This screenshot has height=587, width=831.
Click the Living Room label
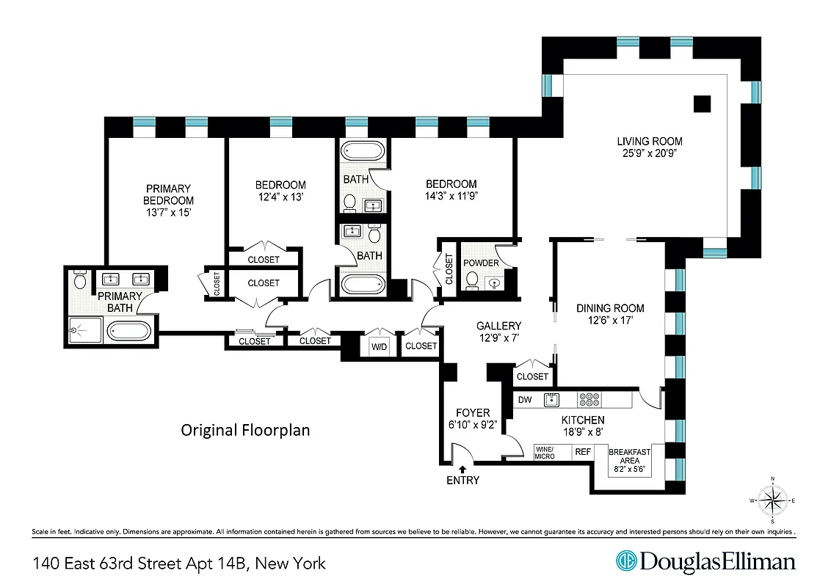coord(649,142)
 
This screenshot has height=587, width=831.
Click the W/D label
coord(380,346)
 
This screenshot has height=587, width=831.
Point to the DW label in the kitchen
coord(525,400)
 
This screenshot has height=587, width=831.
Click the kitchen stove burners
coord(590,400)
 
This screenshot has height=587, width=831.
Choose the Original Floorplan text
coord(245,430)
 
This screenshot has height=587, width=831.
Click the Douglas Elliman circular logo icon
coord(626,561)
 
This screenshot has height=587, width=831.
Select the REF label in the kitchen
coord(583,453)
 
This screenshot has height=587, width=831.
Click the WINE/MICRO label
coord(544,453)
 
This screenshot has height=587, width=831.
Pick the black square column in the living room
coord(703,104)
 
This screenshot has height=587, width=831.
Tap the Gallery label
coord(498,326)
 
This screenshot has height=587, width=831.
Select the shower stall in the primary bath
coord(87,330)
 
